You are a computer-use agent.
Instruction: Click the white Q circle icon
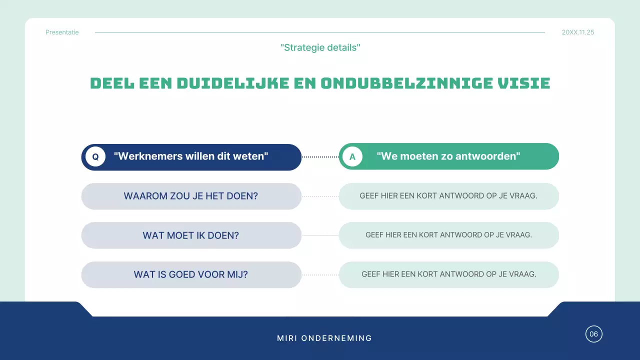[x=95, y=156]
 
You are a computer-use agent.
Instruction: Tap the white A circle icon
[x=352, y=156]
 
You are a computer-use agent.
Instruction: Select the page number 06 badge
[x=594, y=334]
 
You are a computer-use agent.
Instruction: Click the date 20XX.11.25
[x=578, y=32]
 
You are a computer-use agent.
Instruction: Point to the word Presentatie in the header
[x=62, y=32]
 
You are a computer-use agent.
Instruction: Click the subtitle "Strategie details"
[x=320, y=47]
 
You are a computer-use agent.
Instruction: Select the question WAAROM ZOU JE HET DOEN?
[x=191, y=196]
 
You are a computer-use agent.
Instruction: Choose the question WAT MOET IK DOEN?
[x=191, y=235]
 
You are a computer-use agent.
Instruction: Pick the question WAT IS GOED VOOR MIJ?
[x=191, y=274]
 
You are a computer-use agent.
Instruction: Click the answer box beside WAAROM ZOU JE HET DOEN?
[x=448, y=196]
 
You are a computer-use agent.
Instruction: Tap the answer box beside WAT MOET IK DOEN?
[x=448, y=235]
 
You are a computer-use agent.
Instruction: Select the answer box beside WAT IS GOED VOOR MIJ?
[x=448, y=274]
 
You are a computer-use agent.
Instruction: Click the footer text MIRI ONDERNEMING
[x=324, y=338]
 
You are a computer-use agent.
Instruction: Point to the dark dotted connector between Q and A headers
[x=320, y=156]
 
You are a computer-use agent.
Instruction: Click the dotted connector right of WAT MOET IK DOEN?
[x=320, y=235]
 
